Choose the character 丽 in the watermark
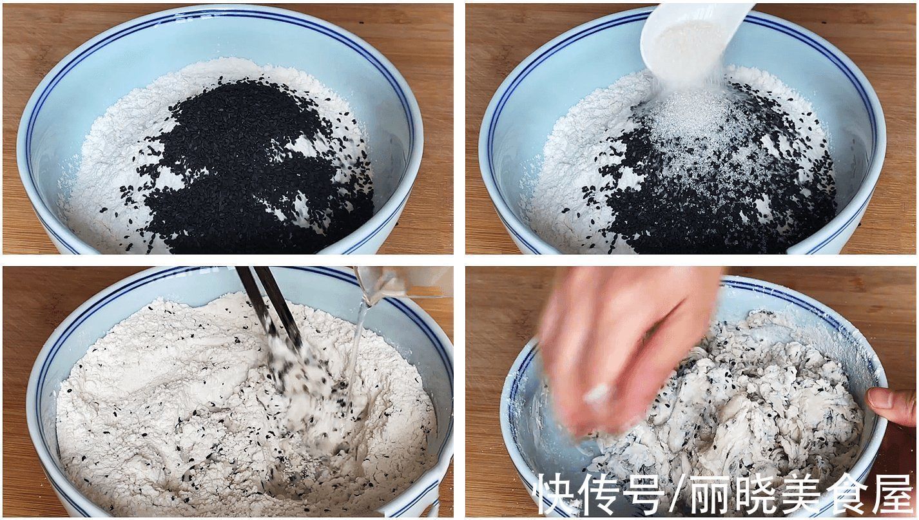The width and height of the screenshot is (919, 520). tap(712, 495)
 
